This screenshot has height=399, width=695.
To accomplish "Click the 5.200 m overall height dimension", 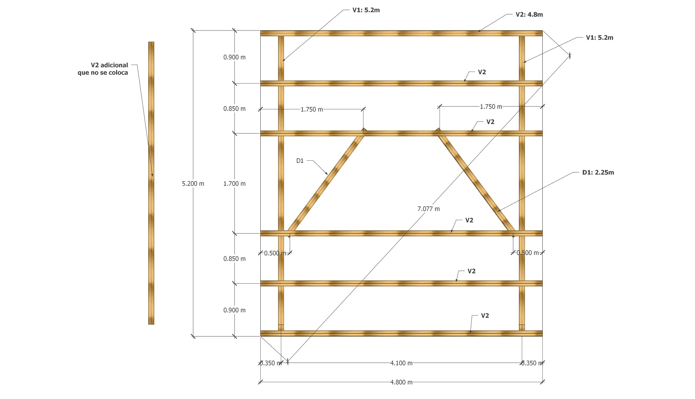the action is [x=193, y=184].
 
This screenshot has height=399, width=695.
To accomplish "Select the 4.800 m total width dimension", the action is [x=401, y=382].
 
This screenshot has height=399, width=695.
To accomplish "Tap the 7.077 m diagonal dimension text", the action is [x=428, y=209].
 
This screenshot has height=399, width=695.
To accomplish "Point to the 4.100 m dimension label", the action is [x=401, y=363].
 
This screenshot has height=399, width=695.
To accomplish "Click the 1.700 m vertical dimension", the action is [x=234, y=184].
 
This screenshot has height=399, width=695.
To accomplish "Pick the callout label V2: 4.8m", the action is [x=529, y=14].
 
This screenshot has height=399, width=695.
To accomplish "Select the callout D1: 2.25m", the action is [x=598, y=173].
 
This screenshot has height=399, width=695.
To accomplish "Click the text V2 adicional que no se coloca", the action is [x=103, y=69].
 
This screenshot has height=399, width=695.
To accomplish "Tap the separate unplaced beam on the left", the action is [x=151, y=232].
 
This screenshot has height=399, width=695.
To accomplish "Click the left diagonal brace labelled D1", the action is [x=327, y=183].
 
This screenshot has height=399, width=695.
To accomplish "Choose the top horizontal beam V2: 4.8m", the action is [x=401, y=33].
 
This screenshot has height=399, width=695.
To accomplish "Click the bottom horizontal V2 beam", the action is [x=401, y=333].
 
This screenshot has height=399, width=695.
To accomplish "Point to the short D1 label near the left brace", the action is [x=300, y=161].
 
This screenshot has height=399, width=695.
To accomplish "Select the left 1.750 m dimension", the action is [x=312, y=110].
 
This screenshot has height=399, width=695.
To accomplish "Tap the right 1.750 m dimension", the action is [x=491, y=107].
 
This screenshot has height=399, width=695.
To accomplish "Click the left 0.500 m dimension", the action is [x=275, y=253].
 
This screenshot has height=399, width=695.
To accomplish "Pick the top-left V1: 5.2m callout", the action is [x=366, y=10].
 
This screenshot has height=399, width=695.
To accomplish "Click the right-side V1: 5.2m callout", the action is [x=599, y=38].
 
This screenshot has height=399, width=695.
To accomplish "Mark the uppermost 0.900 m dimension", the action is [x=234, y=57].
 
